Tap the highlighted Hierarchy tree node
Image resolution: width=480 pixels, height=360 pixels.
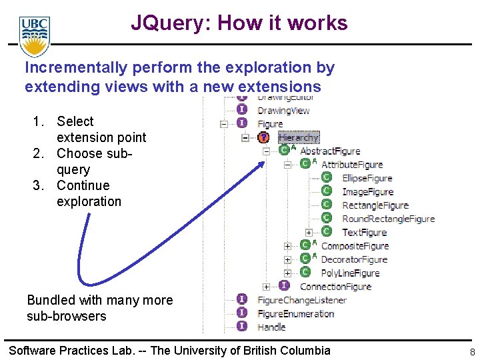299,137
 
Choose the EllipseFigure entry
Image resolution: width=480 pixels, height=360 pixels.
367,178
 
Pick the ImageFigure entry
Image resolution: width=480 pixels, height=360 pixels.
367,192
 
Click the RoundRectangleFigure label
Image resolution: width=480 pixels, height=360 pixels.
388,219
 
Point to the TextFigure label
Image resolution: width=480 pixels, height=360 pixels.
364,233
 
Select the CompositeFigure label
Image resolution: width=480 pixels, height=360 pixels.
354,246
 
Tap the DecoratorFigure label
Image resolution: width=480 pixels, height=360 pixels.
354,259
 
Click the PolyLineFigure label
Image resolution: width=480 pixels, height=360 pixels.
350,273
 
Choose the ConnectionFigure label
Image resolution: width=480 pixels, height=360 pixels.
335,287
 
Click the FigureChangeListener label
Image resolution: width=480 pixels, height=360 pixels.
302,300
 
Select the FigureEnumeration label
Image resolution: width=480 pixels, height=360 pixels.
295,313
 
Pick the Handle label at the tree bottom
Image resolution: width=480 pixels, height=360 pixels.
271,327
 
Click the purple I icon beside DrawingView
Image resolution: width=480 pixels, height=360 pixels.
243,110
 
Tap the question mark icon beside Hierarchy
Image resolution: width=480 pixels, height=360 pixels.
263,137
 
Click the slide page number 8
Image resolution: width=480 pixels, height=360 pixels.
471,352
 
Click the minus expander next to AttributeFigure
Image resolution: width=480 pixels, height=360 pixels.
287,165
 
